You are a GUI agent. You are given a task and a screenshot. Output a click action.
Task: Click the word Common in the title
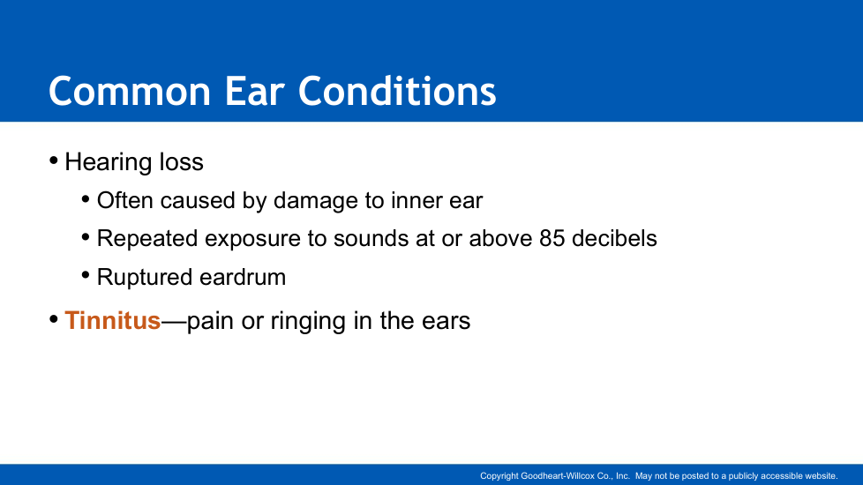click(x=130, y=91)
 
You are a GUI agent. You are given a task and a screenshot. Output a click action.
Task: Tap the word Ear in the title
click(x=254, y=91)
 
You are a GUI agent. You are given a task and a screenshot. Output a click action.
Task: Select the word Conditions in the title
click(x=397, y=91)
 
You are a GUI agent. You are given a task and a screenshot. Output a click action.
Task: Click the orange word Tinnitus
click(x=113, y=321)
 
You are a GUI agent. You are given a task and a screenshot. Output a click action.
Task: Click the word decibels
click(x=614, y=239)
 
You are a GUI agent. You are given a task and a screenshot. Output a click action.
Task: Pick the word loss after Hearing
click(x=182, y=162)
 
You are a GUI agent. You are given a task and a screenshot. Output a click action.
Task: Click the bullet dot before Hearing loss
click(x=54, y=160)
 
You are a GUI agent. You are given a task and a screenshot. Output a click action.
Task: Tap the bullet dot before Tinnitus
click(x=54, y=319)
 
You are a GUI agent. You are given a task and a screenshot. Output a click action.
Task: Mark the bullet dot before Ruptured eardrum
click(x=86, y=274)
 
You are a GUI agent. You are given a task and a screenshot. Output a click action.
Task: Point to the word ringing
click(x=308, y=321)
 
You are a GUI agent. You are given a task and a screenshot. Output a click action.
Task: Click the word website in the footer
click(x=821, y=476)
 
